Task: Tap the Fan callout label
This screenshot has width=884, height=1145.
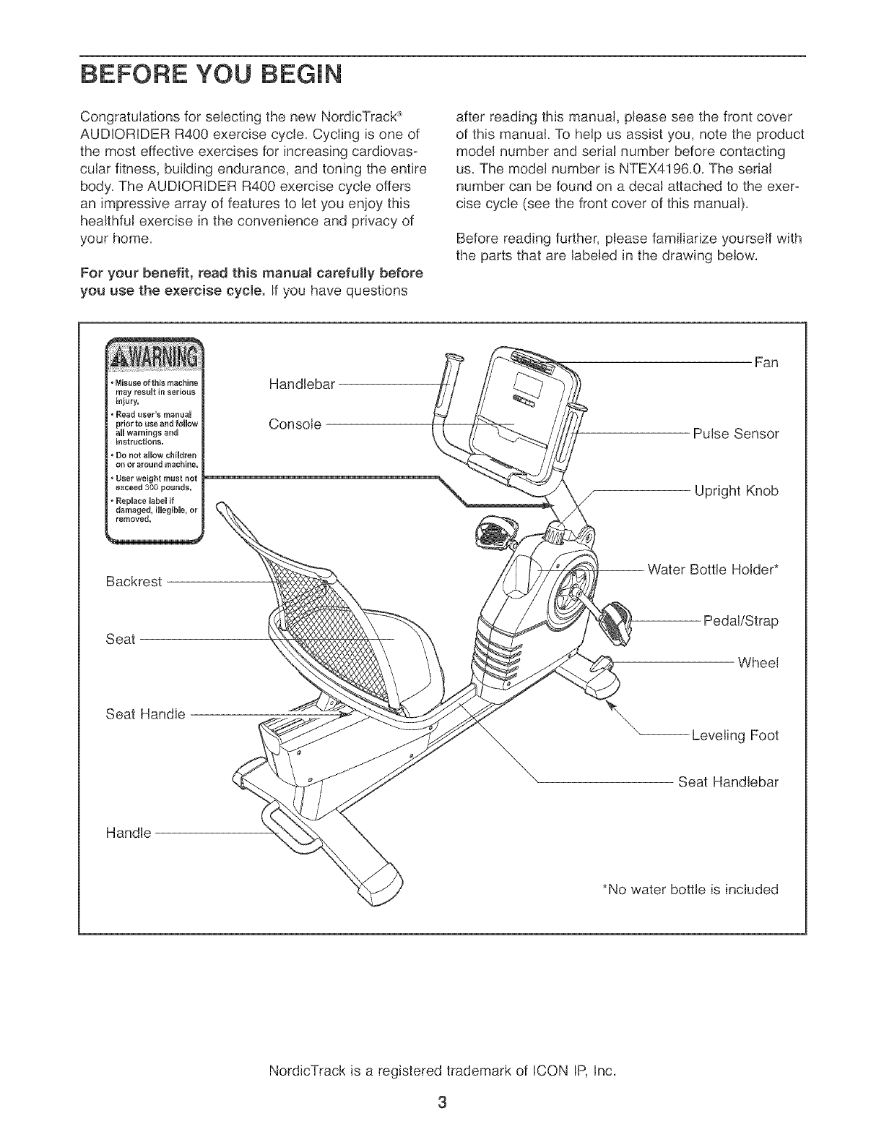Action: coord(766,362)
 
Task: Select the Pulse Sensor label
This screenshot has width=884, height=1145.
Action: coord(735,434)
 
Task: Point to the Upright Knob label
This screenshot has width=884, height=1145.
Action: coord(736,492)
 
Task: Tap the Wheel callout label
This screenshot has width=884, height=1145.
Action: coord(757,663)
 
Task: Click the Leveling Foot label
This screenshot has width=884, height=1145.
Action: coord(734,736)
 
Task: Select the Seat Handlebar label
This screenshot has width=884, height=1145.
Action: coord(728,782)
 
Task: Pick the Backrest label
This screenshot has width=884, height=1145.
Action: coord(133,581)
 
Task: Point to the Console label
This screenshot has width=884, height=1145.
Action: coord(295,424)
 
